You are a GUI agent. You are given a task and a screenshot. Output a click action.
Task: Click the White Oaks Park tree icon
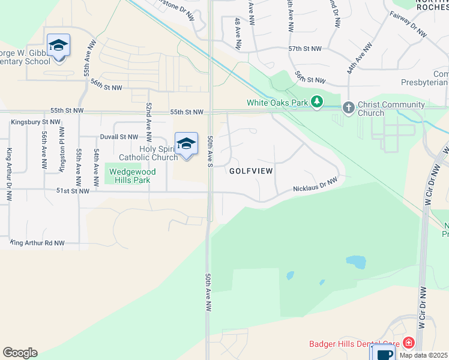click(316, 103)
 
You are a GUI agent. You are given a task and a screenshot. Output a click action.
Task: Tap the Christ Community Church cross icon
click(348, 108)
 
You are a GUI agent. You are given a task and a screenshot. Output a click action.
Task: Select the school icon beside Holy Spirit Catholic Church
click(187, 144)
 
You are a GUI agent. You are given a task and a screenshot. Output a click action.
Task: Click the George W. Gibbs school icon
click(58, 46)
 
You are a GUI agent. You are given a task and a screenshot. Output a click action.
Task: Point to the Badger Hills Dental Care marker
click(409, 343)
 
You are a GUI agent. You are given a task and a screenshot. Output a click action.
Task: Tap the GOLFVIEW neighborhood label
click(252, 171)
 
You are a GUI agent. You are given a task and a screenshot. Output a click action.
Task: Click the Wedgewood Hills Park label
click(131, 176)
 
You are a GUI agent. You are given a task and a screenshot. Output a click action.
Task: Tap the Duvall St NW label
click(119, 137)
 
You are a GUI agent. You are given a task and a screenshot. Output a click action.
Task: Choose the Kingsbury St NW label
click(35, 122)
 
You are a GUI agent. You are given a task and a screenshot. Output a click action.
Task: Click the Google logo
click(20, 353)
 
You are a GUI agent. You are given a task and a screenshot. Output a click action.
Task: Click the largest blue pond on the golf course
click(355, 262)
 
